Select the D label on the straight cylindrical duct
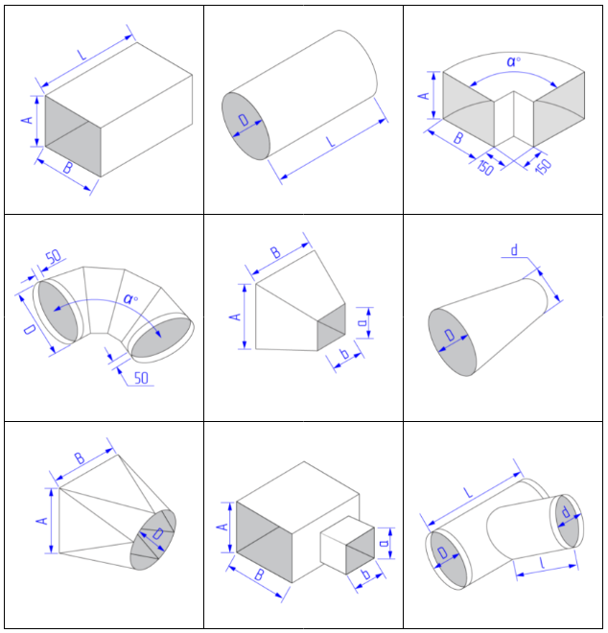pyautogui.click(x=245, y=122)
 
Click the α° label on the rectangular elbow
pyautogui.click(x=515, y=61)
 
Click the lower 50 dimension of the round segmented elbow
pyautogui.click(x=141, y=378)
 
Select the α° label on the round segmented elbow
pyautogui.click(x=131, y=298)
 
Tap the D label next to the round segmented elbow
pyautogui.click(x=31, y=331)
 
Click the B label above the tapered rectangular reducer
pyautogui.click(x=275, y=253)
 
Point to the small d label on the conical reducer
pyautogui.click(x=514, y=251)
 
